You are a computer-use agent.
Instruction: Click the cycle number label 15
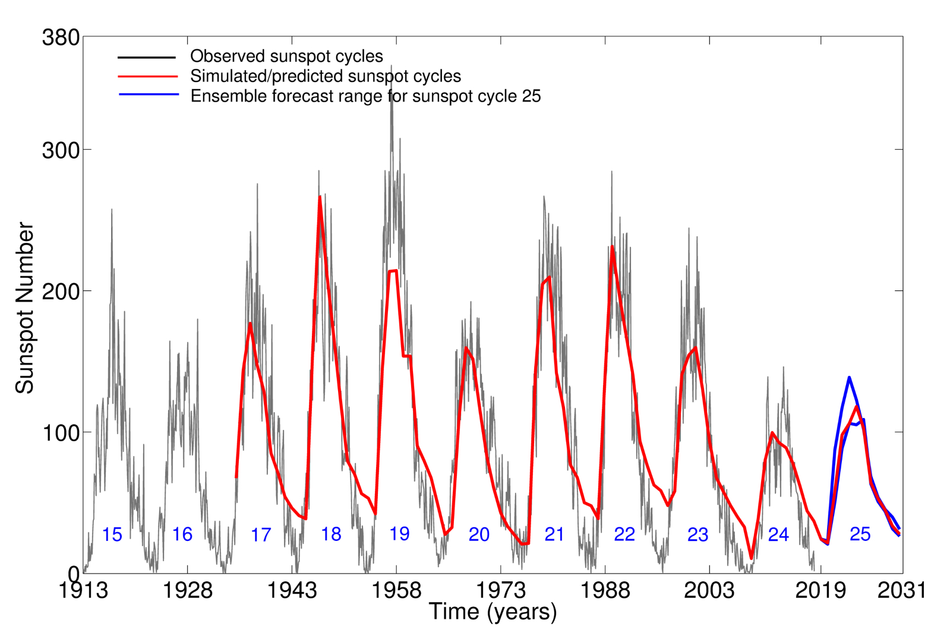pos(112,534)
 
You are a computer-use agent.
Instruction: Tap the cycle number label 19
pos(399,533)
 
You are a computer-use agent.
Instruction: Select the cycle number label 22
pos(624,534)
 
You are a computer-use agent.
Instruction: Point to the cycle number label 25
pos(860,534)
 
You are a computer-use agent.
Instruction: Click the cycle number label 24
pos(778,534)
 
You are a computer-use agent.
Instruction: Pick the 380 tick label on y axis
pos(61,37)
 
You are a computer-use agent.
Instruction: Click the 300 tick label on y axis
pos(61,150)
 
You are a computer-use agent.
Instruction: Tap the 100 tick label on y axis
pos(61,432)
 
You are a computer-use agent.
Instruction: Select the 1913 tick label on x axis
pos(83,590)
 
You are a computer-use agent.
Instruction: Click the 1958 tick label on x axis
pos(396,590)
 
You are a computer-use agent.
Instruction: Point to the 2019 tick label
pos(820,590)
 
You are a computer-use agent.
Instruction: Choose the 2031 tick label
pos(902,590)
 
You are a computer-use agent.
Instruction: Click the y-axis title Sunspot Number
pos(24,308)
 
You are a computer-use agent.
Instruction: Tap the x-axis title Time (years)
pos(493,612)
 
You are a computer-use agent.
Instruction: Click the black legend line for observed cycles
pos(147,58)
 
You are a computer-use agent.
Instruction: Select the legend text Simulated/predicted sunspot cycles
pos(325,76)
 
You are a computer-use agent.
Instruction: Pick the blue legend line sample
pos(149,95)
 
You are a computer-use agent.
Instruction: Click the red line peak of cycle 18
pos(320,197)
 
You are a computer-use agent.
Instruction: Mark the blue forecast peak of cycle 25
pos(849,377)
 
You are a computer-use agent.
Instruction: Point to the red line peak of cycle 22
pos(612,246)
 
